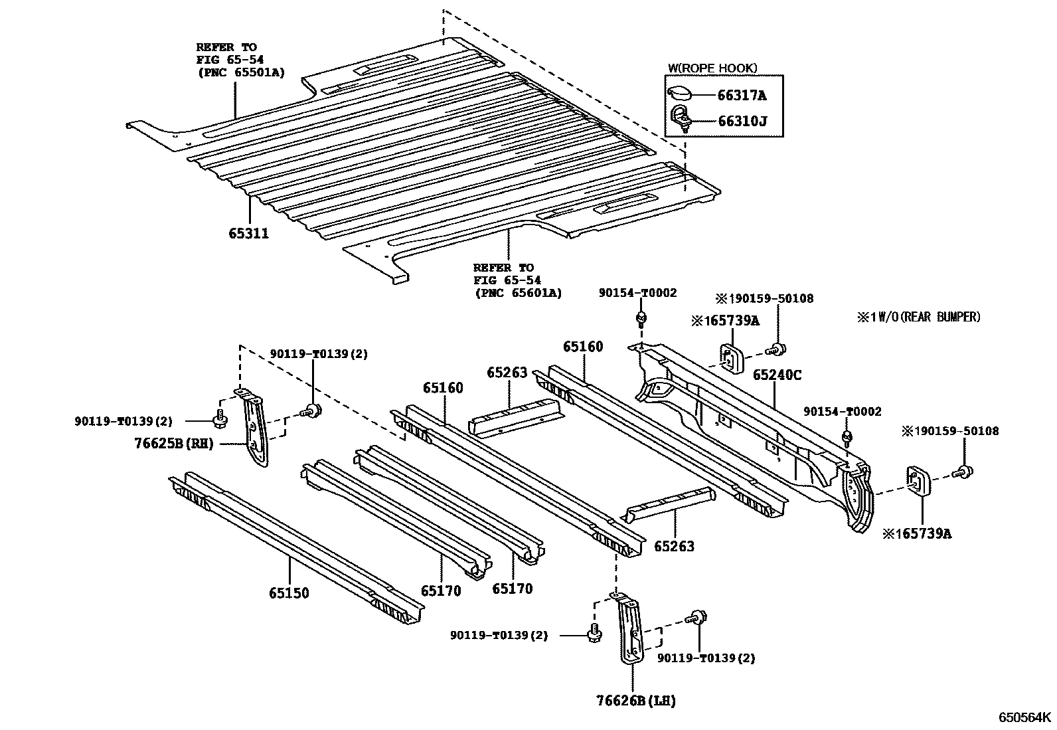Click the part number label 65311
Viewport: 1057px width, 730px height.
coord(249,233)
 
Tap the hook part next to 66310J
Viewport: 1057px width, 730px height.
coord(682,119)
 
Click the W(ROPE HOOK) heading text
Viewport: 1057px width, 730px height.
coord(712,68)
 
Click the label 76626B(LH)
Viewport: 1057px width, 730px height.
coord(636,700)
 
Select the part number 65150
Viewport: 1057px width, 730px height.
coord(289,593)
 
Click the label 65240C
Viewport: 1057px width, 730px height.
coord(776,375)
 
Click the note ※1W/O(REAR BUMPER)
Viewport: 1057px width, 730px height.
coord(918,317)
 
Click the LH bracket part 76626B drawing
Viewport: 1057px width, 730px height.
coord(630,628)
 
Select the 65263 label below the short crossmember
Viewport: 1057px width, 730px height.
coord(674,546)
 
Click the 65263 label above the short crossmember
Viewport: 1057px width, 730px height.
coord(507,373)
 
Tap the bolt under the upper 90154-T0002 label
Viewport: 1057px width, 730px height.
coord(641,319)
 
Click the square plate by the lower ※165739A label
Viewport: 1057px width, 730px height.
coord(918,480)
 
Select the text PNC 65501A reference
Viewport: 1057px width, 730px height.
coord(240,72)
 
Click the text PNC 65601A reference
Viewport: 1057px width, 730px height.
coord(518,292)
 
